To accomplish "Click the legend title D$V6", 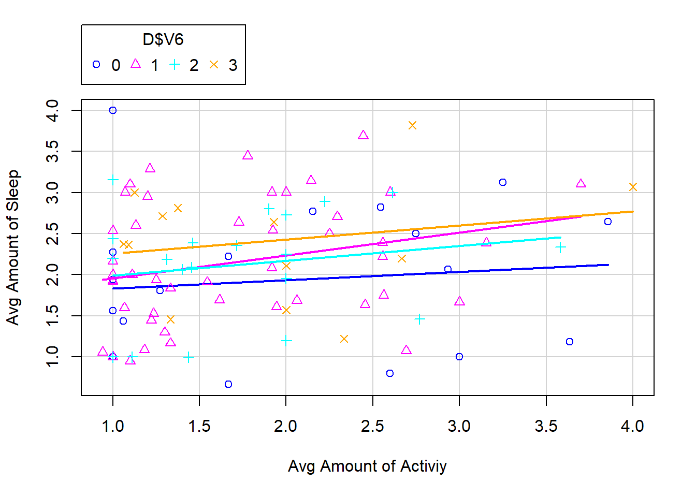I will (x=163, y=40).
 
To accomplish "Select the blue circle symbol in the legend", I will (x=96, y=65).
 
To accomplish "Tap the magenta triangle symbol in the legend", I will (x=136, y=64).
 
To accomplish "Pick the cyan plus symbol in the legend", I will (x=175, y=65).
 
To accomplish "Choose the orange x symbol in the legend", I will (x=214, y=65).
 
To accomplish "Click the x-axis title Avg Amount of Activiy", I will (x=367, y=466).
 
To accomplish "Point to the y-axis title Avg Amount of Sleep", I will (x=13, y=247).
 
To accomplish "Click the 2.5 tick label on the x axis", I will (x=372, y=427).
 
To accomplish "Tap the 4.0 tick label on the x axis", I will (x=632, y=427).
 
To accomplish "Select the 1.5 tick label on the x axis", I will (x=199, y=427).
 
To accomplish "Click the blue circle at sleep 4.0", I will (x=113, y=110).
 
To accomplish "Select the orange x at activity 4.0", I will (x=632, y=187).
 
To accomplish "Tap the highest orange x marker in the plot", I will (x=412, y=125).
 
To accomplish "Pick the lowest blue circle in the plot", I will (x=228, y=384).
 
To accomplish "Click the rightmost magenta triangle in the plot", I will (x=581, y=184).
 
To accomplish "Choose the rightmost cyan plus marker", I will (x=560, y=247).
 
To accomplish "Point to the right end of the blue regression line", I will (x=608, y=265).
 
